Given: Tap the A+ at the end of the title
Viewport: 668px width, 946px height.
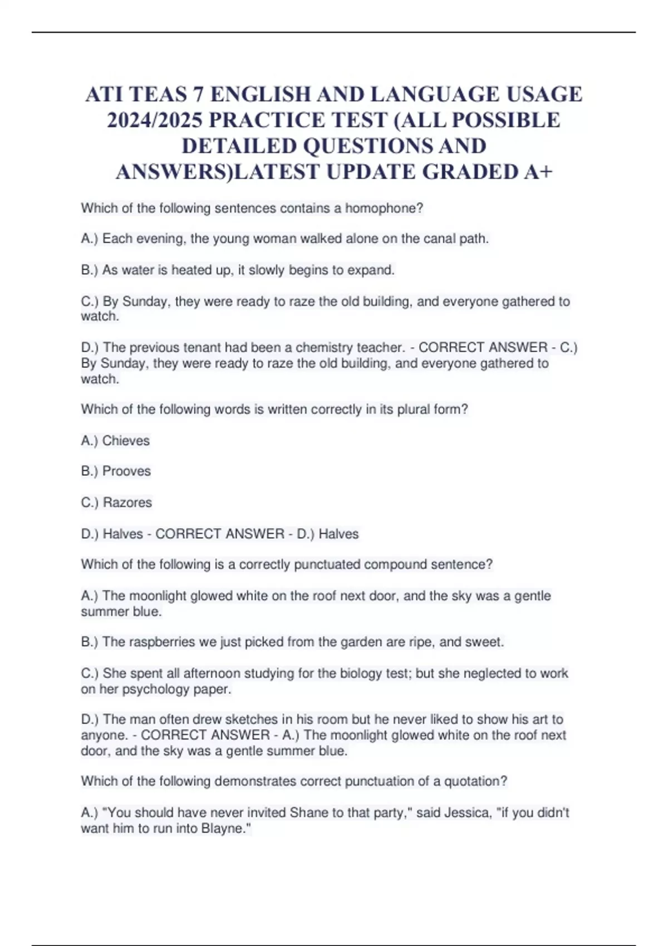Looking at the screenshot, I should [x=538, y=172].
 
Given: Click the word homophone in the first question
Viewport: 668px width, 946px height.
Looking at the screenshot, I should [x=384, y=208].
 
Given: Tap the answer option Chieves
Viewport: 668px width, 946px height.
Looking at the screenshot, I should [x=126, y=441].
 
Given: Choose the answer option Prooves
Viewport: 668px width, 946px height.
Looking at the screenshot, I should [x=126, y=471].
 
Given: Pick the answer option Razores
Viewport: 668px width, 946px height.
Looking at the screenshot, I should [x=127, y=502].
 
